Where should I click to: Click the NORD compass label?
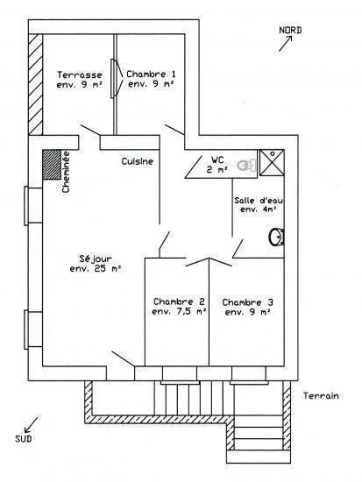click(290, 30)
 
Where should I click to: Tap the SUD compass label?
click(24, 438)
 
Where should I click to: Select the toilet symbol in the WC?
click(246, 166)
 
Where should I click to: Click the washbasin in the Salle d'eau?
click(276, 237)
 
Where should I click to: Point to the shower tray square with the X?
click(272, 163)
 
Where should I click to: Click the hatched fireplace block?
click(52, 165)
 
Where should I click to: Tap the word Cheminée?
click(66, 172)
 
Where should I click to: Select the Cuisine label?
click(137, 161)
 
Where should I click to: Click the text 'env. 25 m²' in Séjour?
click(96, 268)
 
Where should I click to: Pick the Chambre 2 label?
click(179, 301)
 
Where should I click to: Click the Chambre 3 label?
click(247, 302)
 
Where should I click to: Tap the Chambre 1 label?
click(151, 74)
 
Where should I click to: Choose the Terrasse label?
click(80, 74)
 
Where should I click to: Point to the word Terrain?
click(321, 395)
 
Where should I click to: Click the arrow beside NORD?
click(286, 44)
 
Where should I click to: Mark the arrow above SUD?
click(32, 424)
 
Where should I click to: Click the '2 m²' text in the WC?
click(217, 169)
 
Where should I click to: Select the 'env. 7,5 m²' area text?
click(179, 311)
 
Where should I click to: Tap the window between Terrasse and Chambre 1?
click(115, 78)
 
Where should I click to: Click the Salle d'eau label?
click(259, 201)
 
